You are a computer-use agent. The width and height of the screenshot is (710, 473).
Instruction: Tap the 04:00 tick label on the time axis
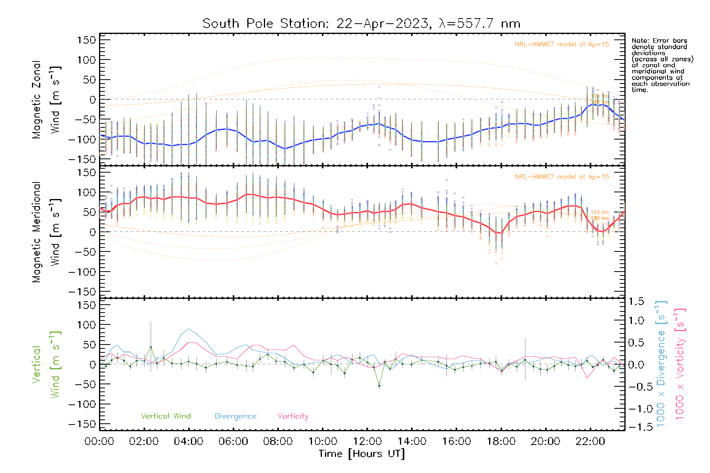click(189, 441)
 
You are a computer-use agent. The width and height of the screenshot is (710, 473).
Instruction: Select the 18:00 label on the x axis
click(501, 441)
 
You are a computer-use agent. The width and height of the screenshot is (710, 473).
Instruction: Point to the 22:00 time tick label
click(590, 441)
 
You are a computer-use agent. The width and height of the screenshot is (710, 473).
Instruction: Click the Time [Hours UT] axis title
click(362, 454)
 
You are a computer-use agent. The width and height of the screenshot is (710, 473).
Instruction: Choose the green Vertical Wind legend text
click(166, 416)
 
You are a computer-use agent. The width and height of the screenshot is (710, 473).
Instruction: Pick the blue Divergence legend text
click(235, 416)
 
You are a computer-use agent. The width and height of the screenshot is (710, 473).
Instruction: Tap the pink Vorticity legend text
click(293, 416)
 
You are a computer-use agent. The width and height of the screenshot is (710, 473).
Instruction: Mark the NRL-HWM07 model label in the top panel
click(562, 45)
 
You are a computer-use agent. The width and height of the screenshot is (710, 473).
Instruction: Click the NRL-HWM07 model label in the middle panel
click(562, 177)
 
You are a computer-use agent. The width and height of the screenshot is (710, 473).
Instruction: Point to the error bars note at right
click(662, 65)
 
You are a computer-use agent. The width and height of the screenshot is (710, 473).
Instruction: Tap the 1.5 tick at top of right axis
click(636, 302)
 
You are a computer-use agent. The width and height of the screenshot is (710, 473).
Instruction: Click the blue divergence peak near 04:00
click(189, 329)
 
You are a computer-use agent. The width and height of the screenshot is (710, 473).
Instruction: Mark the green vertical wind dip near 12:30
click(379, 386)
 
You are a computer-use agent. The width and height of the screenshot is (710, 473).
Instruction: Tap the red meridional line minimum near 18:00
click(499, 233)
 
